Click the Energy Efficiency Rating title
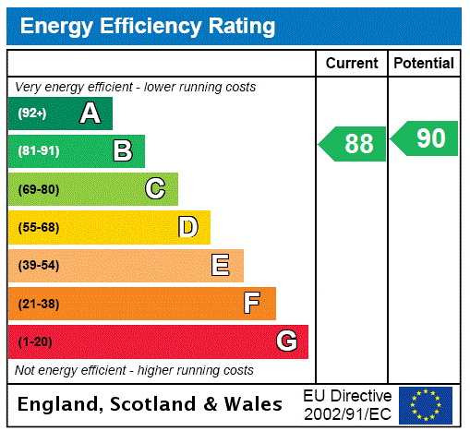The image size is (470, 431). pyautogui.click(x=148, y=26)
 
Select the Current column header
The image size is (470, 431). pyautogui.click(x=352, y=64)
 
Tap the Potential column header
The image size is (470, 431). pyautogui.click(x=424, y=64)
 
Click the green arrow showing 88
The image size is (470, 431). pyautogui.click(x=354, y=144)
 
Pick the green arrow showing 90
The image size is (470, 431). pyautogui.click(x=426, y=138)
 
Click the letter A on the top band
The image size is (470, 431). pyautogui.click(x=90, y=114)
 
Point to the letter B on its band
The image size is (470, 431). pyautogui.click(x=122, y=151)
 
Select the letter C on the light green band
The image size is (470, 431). pyautogui.click(x=155, y=189)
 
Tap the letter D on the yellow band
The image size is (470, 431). pyautogui.click(x=187, y=227)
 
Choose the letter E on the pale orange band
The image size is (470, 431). pyautogui.click(x=221, y=266)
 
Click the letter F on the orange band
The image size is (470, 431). pyautogui.click(x=252, y=304)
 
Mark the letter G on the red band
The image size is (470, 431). pyautogui.click(x=286, y=341)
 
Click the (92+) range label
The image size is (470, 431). pyautogui.click(x=32, y=114)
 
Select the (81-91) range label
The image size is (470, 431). pyautogui.click(x=38, y=151)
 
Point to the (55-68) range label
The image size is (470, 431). pyautogui.click(x=38, y=227)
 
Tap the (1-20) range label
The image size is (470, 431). pyautogui.click(x=35, y=341)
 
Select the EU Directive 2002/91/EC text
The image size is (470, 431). pyautogui.click(x=347, y=404)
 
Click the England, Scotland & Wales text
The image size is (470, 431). pyautogui.click(x=151, y=404)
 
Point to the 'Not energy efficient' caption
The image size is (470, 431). pyautogui.click(x=134, y=370)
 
